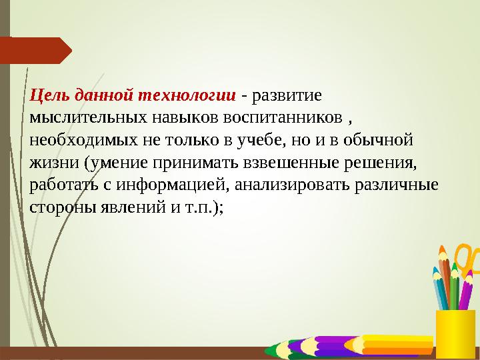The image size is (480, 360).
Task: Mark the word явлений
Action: tap(138, 207)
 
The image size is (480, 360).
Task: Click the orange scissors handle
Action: tap(465, 257)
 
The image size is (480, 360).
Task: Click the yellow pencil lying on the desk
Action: tap(400, 343)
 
